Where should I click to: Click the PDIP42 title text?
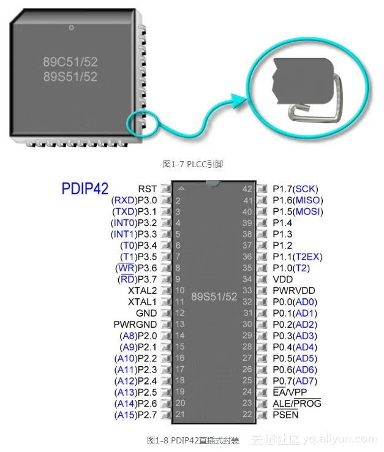pos(85,189)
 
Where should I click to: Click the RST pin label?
pos(147,189)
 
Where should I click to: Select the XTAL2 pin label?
pos(142,290)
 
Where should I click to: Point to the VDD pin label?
pos(283,279)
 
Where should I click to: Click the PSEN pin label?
pos(285,415)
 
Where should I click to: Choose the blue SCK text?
pos(306,189)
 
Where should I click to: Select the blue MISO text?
pos(308,200)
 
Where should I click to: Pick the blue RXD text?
pos(124,200)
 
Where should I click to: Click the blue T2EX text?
pos(307,257)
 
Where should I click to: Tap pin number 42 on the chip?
pos(247,189)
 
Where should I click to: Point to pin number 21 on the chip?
pos(180,415)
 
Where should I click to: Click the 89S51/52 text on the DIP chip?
pos(214,297)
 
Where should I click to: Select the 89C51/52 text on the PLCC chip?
pos(70,62)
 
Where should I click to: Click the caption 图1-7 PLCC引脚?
pos(192,164)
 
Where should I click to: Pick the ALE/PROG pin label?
pos(296,404)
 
